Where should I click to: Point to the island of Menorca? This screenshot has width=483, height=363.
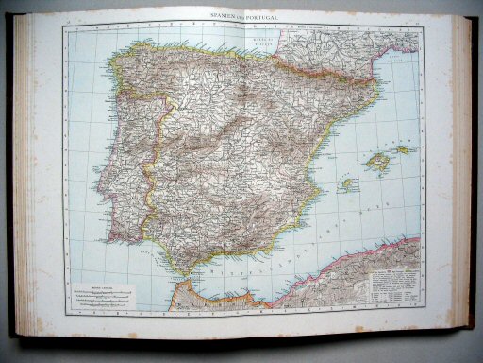[x=404, y=148]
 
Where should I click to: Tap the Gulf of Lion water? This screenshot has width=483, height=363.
[x=396, y=66]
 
